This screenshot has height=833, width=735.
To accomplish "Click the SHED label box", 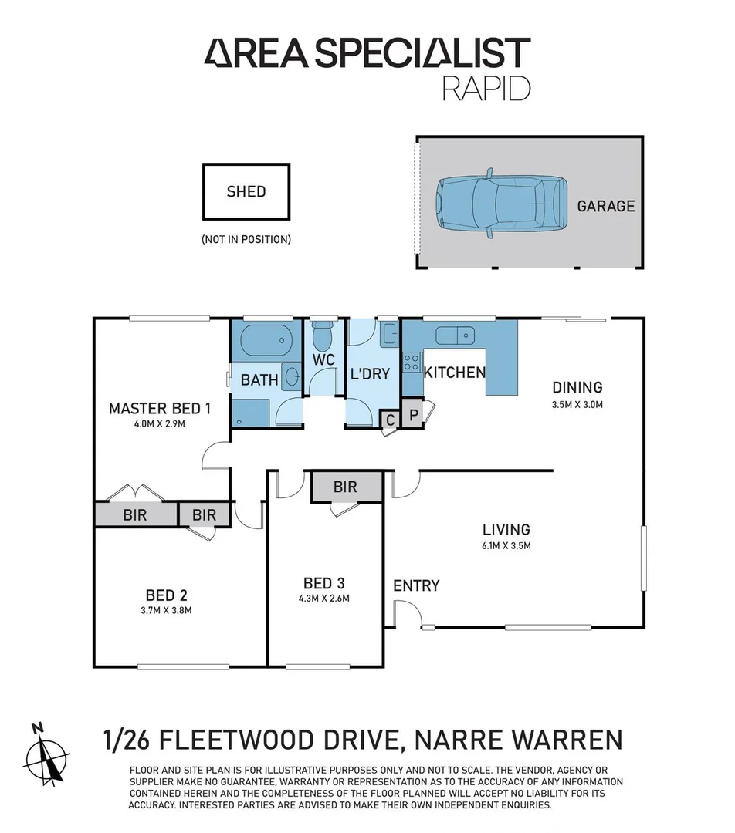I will (x=246, y=191).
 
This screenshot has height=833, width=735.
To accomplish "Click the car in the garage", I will (x=500, y=202).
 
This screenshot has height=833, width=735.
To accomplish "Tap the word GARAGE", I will (x=605, y=206).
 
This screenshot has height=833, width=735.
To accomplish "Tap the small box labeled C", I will (x=391, y=420).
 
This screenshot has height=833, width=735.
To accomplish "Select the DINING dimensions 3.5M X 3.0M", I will (x=577, y=404).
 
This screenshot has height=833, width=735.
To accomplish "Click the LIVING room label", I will (x=506, y=529).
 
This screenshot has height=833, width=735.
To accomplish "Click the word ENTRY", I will (x=416, y=585).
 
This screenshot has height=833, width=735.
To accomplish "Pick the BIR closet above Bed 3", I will (x=345, y=487).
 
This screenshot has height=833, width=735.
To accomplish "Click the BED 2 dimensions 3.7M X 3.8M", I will (x=166, y=610).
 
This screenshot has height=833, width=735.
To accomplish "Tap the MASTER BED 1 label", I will (x=159, y=408).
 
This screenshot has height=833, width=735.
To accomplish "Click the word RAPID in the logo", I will (x=486, y=88).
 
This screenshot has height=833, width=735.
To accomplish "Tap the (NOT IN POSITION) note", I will (x=246, y=239).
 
